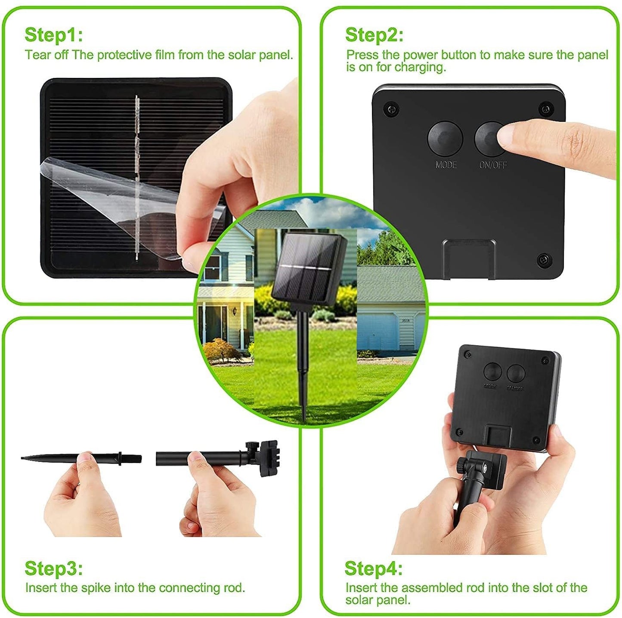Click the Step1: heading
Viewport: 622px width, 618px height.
[53, 35]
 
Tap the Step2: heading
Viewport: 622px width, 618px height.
[374, 35]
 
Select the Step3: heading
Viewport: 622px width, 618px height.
[53, 569]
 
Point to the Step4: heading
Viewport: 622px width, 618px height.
[373, 569]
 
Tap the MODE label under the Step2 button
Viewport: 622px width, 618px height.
[446, 165]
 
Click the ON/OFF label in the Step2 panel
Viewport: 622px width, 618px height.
[493, 165]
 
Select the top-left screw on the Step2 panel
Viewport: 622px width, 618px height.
[391, 109]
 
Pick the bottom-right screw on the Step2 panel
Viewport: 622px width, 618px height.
[543, 260]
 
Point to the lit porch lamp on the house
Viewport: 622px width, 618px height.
[234, 310]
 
